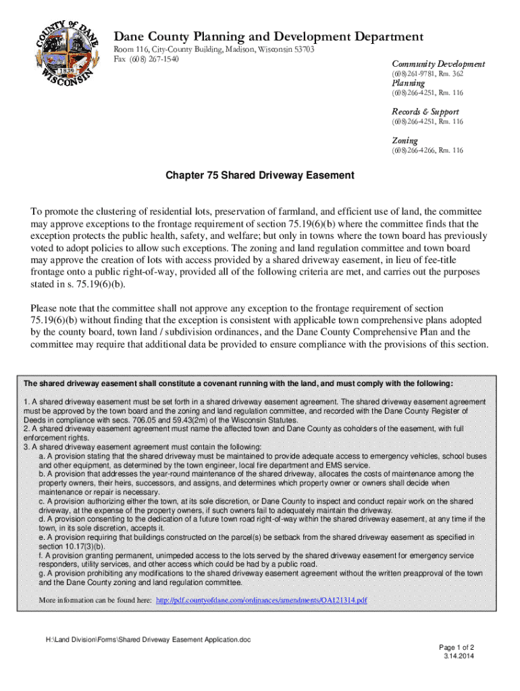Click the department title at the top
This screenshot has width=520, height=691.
[268, 36]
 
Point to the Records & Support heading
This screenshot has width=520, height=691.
[425, 111]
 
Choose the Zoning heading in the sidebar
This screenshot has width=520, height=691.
[404, 140]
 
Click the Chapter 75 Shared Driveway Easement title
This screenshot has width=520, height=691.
[260, 175]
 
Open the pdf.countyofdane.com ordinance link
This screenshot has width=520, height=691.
[261, 600]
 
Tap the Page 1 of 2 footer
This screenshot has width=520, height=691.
[457, 646]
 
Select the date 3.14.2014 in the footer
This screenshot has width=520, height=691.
[459, 655]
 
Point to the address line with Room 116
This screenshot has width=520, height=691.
[213, 50]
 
